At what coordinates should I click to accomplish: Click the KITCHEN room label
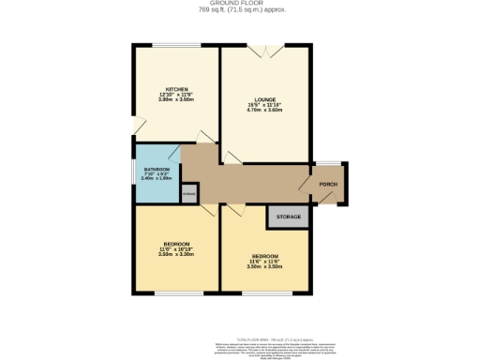[177, 89]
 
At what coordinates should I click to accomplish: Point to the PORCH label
[328, 185]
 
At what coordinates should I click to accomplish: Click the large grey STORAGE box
[289, 217]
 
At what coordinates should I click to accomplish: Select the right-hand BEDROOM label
[264, 256]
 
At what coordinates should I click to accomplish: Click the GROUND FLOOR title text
[240, 4]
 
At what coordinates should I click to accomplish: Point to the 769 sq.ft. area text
[240, 10]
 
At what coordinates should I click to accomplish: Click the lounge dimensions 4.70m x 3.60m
[264, 109]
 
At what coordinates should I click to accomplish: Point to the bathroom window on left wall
[134, 173]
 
